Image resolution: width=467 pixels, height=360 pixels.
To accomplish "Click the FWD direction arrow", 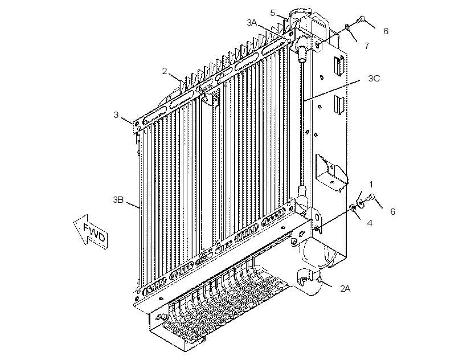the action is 90,231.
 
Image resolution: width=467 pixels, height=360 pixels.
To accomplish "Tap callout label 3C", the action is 374,78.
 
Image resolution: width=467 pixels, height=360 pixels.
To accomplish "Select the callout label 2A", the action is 345,288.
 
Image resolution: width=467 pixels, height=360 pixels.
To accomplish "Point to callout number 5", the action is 273,13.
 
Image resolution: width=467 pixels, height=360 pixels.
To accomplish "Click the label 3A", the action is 252,22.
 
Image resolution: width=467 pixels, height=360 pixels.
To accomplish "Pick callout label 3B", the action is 118,199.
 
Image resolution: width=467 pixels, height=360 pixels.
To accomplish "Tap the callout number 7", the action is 366,46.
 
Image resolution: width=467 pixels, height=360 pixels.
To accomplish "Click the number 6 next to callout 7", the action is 386,31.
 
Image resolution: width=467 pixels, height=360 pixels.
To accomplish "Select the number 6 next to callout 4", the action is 392,211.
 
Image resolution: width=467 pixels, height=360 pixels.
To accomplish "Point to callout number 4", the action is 370,223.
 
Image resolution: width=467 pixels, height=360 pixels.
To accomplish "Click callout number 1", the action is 371,185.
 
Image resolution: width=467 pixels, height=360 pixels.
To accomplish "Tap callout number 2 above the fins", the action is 165,71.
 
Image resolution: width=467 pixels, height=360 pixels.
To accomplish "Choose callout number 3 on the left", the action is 116,114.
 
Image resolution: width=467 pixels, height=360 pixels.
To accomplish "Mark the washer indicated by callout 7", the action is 347,28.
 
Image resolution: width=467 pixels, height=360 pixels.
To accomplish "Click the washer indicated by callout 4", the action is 352,207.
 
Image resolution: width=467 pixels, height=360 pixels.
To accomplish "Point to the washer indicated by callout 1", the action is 361,204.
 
